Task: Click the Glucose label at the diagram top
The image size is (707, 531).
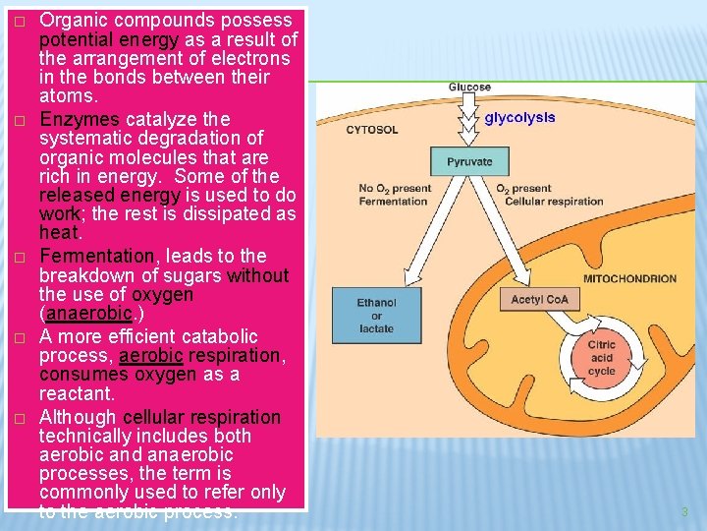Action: click(x=469, y=88)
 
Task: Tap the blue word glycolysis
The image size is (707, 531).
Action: click(x=519, y=117)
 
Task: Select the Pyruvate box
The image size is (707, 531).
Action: click(x=469, y=161)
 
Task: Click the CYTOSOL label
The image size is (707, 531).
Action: click(x=372, y=130)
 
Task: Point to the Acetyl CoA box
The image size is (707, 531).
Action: click(x=539, y=299)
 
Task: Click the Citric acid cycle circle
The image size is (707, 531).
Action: click(x=601, y=358)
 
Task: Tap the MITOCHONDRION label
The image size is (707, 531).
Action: click(x=629, y=278)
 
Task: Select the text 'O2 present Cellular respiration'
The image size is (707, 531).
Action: click(x=549, y=195)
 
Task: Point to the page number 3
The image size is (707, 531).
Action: click(x=684, y=511)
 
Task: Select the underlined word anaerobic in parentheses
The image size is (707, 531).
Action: click(x=87, y=314)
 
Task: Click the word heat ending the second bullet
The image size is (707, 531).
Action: click(x=58, y=233)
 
